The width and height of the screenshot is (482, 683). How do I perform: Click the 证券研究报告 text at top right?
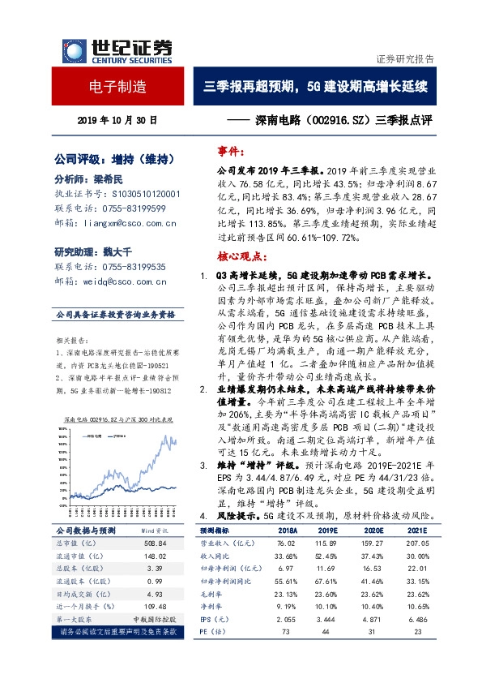pyautogui.click(x=405, y=59)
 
